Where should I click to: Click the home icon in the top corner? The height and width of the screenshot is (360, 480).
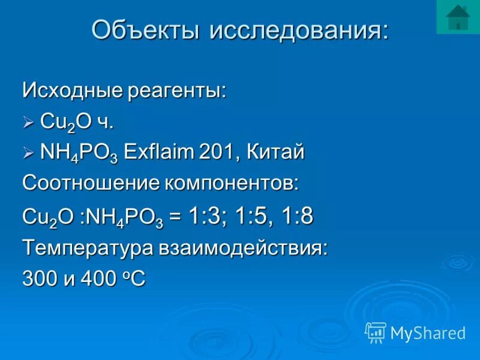click(458, 17)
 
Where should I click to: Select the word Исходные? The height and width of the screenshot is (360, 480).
click(71, 91)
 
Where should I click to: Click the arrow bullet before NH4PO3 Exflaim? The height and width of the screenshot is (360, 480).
click(29, 154)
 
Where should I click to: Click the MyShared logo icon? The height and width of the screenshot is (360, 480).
click(376, 332)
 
